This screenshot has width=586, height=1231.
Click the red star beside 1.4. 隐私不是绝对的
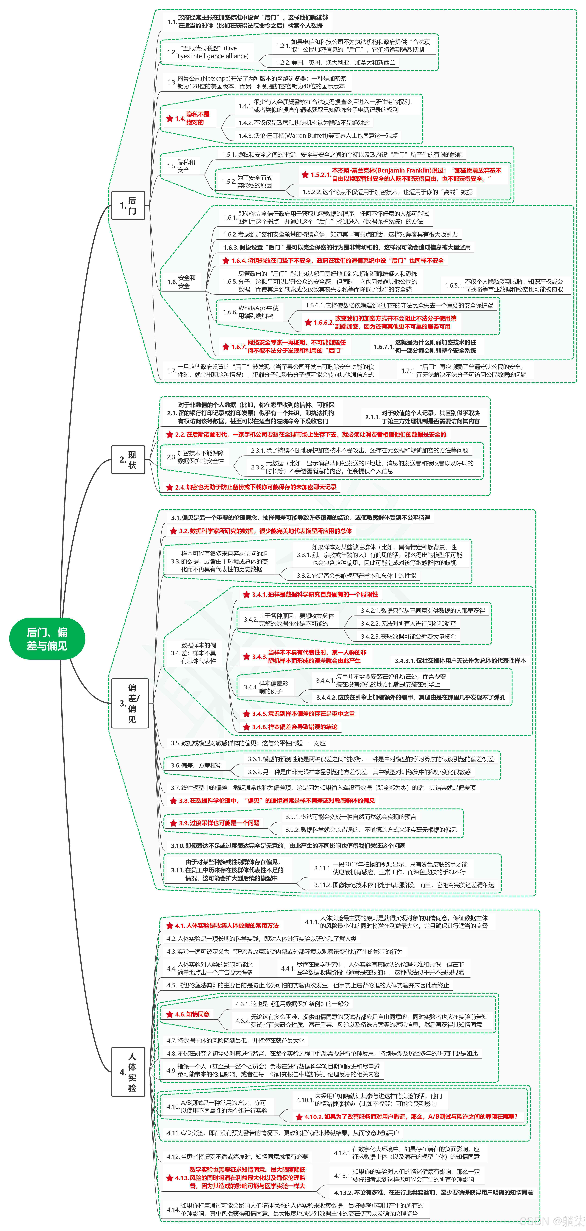pyautogui.click(x=169, y=118)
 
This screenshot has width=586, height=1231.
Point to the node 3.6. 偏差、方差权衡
pyautogui.click(x=196, y=765)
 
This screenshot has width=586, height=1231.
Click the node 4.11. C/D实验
pyautogui.click(x=282, y=1133)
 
